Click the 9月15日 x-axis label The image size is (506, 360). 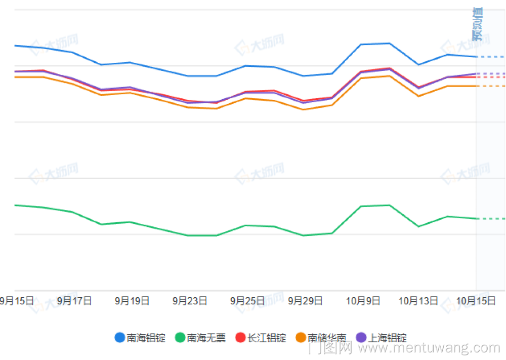point(17,301)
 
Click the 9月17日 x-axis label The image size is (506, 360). point(74,301)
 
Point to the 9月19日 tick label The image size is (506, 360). point(132,301)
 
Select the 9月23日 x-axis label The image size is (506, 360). point(190,301)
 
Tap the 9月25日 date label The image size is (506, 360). point(247,301)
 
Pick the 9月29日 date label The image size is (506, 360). point(305,301)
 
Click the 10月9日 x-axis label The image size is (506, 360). point(363,301)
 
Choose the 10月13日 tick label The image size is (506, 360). point(418,301)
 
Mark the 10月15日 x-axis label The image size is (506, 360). point(476,301)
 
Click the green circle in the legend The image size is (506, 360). point(180,338)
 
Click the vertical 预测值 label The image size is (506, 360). point(477,24)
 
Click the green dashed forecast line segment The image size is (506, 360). point(491,219)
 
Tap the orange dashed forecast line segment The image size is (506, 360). point(491,86)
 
